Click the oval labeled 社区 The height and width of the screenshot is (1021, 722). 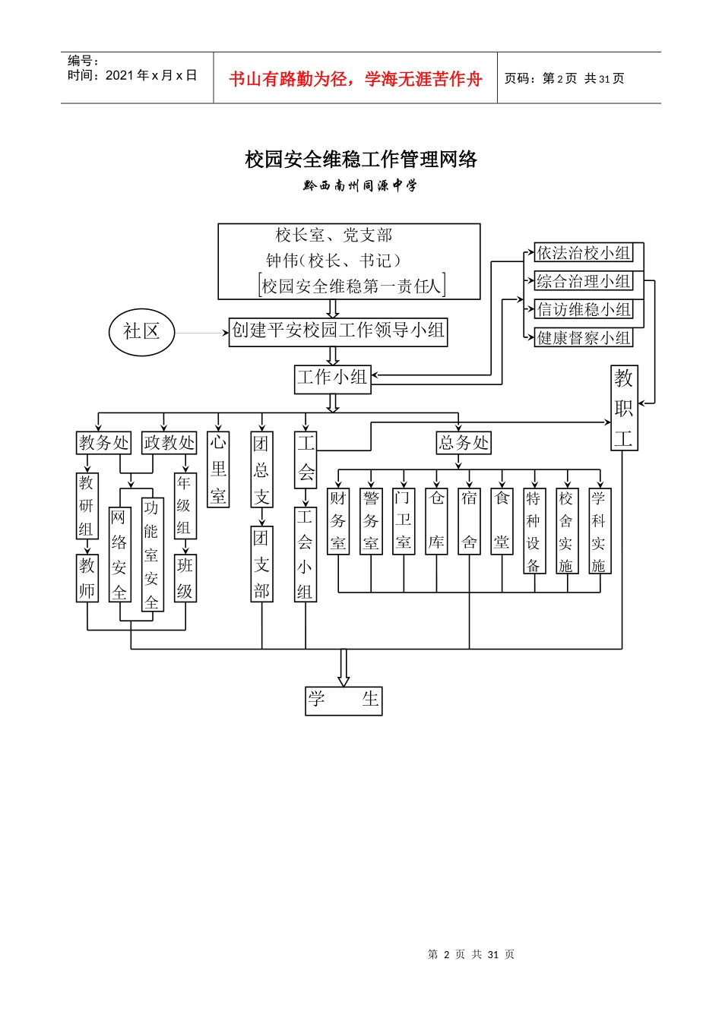coord(142,332)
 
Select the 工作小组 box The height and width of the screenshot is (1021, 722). coord(332,378)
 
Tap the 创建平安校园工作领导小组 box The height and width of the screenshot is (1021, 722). coord(338,331)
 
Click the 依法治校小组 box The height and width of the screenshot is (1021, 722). coord(584,253)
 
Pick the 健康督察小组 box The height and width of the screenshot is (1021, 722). coord(584,338)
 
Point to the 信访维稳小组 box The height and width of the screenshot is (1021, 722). coord(584,310)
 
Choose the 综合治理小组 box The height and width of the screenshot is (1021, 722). coord(584,282)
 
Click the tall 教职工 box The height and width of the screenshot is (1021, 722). coord(624,408)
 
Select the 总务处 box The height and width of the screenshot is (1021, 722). coord(464,443)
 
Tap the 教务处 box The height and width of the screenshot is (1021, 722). coord(104,443)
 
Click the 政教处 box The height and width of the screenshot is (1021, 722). coord(169,443)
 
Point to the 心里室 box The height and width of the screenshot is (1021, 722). coord(218,469)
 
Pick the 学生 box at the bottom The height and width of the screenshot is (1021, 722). coord(344,700)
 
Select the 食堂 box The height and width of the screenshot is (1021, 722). coord(502,521)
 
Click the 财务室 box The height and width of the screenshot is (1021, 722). coord(338,521)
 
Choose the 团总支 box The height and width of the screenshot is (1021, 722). coord(261,469)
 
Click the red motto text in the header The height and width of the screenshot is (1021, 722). coord(356,79)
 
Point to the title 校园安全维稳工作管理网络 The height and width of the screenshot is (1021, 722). coord(361,160)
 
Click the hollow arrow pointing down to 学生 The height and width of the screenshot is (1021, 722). coord(344,668)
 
